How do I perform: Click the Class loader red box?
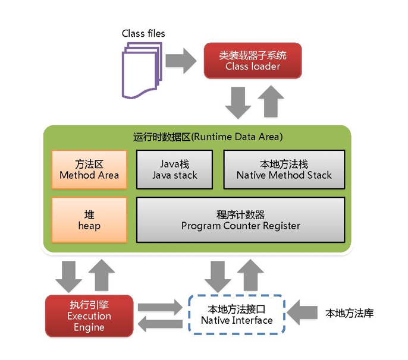253,61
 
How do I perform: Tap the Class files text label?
143,33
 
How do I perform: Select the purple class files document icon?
142,71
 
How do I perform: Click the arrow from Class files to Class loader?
181,61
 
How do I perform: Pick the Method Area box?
89,169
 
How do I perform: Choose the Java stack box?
175,169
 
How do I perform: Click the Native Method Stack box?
284,169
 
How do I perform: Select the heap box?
89,220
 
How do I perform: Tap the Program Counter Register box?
241,220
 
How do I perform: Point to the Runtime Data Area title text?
208,137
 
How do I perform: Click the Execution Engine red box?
89,316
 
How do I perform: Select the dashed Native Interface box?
237,314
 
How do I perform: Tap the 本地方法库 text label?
350,313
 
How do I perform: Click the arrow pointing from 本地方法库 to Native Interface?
302,312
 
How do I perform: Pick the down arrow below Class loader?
238,103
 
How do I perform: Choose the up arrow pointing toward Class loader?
271,101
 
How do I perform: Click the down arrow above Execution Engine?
69,277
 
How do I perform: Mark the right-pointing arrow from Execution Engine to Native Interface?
161,307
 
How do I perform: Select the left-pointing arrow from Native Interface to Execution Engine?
161,324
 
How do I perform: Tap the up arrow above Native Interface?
250,274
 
